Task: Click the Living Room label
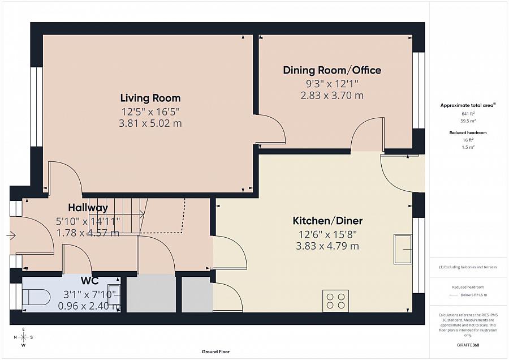[x=150, y=98]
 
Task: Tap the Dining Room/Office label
[x=332, y=70]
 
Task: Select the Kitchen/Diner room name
[x=327, y=221]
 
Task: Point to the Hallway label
[x=88, y=208]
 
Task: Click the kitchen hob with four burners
[x=335, y=301]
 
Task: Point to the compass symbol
[x=23, y=337]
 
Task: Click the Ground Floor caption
[x=215, y=352]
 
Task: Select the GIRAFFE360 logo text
[x=468, y=345]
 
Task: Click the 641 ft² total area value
[x=468, y=114]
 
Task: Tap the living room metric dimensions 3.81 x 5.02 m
[x=150, y=123]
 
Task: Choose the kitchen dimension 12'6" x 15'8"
[x=327, y=234]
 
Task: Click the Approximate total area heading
[x=468, y=105]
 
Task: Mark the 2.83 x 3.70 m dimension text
[x=332, y=96]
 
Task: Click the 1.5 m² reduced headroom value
[x=468, y=147]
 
